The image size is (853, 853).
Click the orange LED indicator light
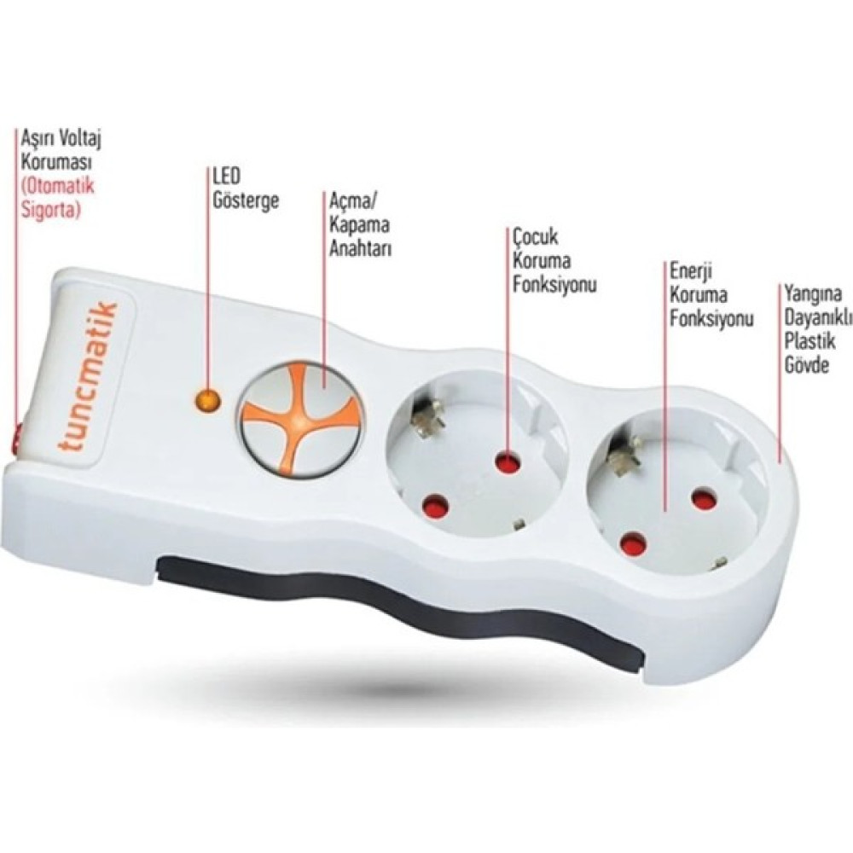[208, 401]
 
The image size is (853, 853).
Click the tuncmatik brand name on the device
[88, 376]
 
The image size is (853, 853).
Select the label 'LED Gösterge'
[246, 189]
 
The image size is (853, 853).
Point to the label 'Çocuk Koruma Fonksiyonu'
[554, 260]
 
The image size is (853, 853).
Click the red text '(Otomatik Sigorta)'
[57, 198]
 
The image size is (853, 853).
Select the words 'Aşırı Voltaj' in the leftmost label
[61, 139]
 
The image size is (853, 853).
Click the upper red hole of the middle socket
[508, 464]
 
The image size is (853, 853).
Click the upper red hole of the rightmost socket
[705, 500]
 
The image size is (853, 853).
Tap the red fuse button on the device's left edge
[15, 437]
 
